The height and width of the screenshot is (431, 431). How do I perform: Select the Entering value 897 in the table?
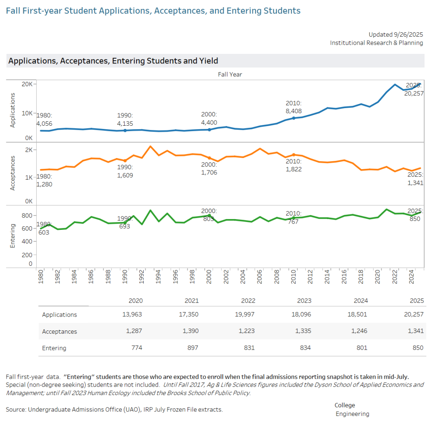(192, 348)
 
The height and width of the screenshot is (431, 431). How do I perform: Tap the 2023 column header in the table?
(304, 301)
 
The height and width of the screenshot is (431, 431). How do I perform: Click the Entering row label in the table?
(54, 348)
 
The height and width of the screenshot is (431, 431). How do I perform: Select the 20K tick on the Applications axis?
(27, 84)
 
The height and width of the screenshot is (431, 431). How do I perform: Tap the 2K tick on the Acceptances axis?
(29, 150)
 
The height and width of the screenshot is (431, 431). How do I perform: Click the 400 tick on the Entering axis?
(27, 241)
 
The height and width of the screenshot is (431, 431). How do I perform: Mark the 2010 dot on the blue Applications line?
(294, 118)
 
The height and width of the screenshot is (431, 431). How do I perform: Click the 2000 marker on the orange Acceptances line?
(210, 158)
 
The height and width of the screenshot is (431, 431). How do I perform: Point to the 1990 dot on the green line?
(125, 223)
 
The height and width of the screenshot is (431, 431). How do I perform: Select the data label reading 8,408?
(293, 111)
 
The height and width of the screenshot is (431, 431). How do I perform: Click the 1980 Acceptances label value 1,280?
(44, 184)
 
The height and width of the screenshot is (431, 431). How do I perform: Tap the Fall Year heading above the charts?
(230, 74)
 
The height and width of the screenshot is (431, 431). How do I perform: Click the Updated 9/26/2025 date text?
(395, 34)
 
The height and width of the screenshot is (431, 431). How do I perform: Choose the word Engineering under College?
(352, 414)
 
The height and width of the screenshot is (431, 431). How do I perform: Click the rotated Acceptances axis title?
(12, 173)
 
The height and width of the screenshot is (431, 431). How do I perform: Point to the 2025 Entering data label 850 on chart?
(415, 219)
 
